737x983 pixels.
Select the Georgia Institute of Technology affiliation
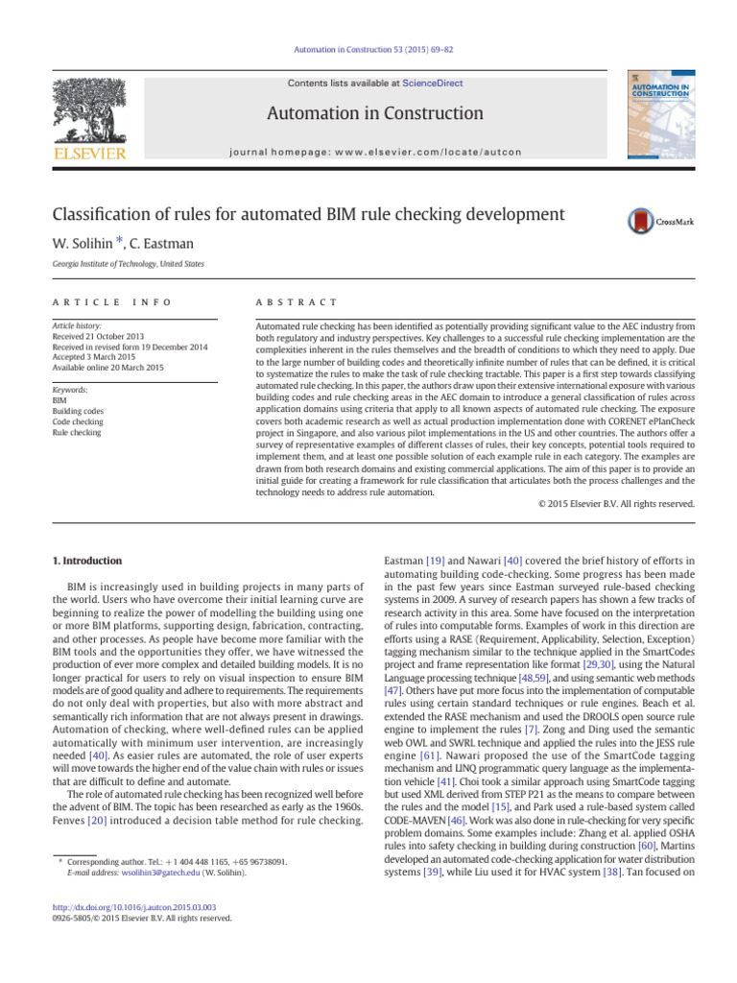tap(128, 265)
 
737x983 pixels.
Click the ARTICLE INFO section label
tap(112, 302)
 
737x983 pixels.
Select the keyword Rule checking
tap(77, 433)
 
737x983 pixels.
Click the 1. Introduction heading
tap(86, 560)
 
